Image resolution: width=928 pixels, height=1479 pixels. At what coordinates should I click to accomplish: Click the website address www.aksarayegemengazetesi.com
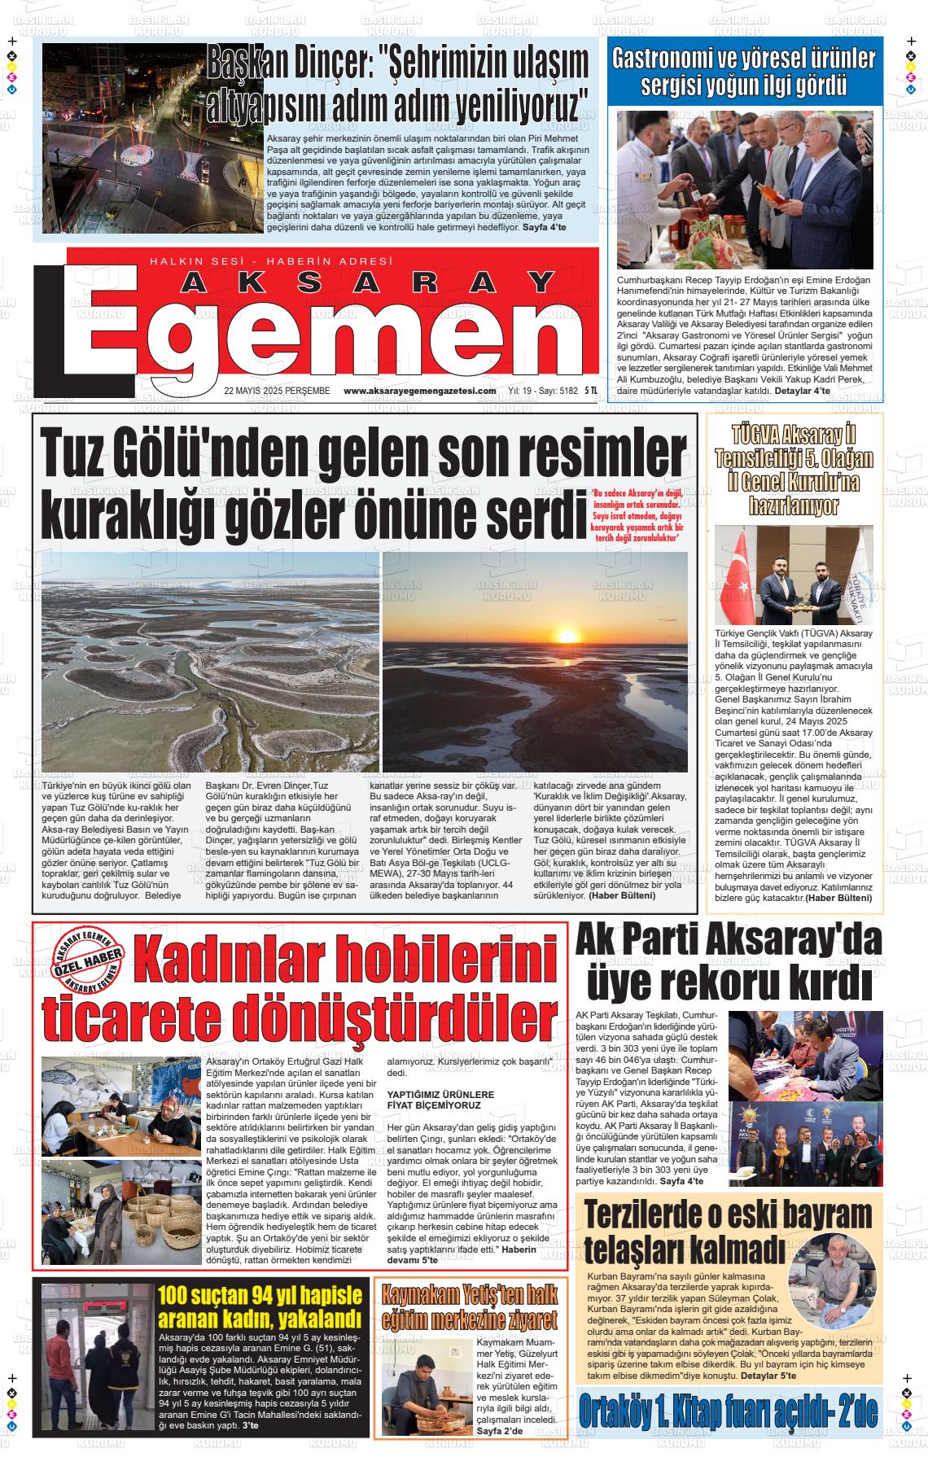[419, 391]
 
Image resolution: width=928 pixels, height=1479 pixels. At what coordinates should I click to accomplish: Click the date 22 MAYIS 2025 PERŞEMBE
[277, 391]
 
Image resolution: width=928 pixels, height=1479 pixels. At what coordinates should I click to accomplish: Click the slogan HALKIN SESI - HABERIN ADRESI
[271, 260]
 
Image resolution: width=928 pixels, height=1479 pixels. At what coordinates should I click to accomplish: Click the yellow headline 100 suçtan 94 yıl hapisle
[259, 1294]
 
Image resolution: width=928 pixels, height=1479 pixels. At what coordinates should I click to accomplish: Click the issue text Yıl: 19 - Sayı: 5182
[542, 391]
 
